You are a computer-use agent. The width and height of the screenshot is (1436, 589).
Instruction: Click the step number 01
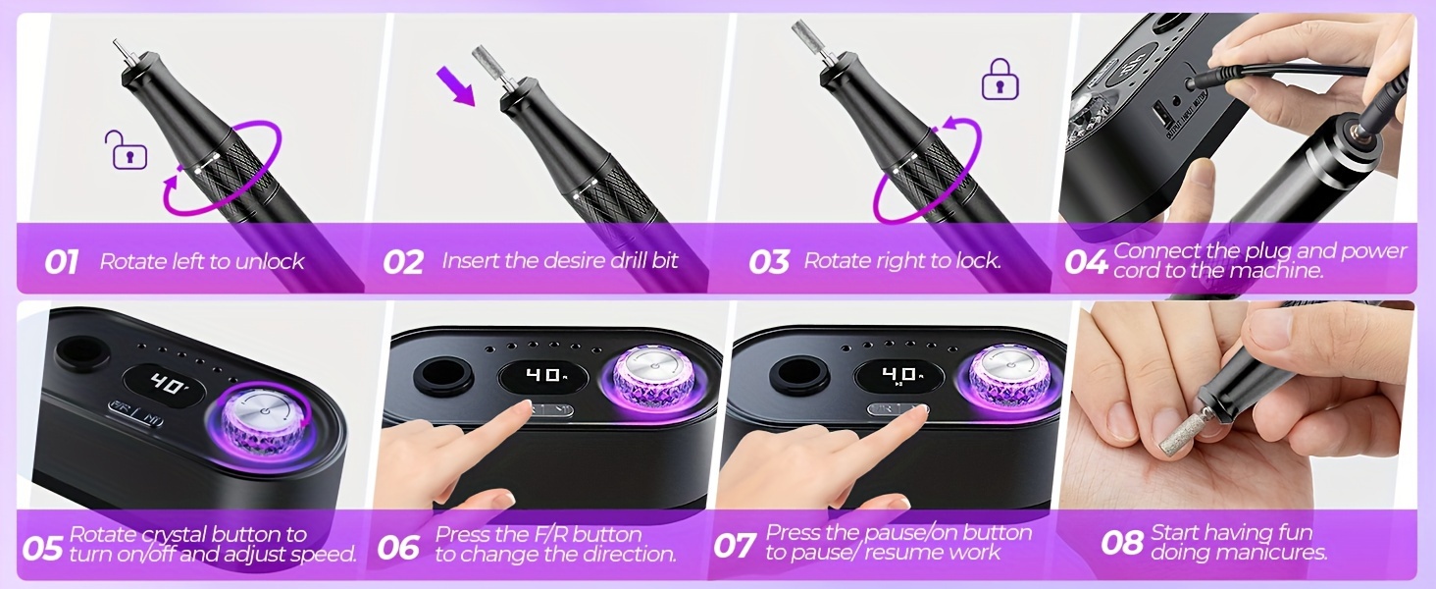[62, 263]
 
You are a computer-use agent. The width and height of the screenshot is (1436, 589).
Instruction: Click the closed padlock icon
[1000, 80]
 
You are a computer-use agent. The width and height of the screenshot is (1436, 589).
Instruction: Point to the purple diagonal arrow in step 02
[456, 86]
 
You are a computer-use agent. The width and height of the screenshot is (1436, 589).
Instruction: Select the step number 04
[1086, 262]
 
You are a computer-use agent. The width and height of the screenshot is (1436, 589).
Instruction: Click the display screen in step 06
[543, 377]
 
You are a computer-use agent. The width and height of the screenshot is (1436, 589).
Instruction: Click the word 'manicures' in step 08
[1270, 553]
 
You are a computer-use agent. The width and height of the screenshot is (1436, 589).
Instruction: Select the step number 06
[398, 548]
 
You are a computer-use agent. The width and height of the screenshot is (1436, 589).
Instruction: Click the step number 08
[1122, 544]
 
